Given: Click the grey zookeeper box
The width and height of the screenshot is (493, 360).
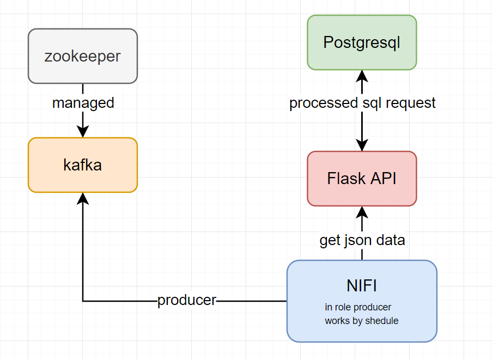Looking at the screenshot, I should click(83, 56).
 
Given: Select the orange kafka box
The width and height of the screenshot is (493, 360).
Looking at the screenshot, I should click(83, 165).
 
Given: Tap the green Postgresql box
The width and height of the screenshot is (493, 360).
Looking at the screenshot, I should click(362, 42).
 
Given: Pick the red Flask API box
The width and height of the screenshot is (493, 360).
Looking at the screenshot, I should click(362, 178).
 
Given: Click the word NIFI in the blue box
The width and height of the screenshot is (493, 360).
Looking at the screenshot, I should click(362, 285).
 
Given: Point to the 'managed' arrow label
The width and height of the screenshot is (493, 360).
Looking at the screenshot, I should click(83, 102).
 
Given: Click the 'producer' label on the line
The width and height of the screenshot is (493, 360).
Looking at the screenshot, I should click(187, 300).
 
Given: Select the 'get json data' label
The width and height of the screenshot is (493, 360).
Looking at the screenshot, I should click(362, 240).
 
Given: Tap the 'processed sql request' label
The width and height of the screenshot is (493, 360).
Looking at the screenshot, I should click(362, 102).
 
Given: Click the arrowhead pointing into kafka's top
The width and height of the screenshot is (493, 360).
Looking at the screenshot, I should click(83, 132).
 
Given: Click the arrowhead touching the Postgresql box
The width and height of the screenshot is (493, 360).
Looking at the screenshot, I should click(362, 75).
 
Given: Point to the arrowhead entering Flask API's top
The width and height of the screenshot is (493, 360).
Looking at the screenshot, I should click(362, 145).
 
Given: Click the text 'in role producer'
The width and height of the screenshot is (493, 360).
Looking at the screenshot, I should click(358, 307).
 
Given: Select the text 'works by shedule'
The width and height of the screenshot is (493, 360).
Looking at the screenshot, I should click(361, 321).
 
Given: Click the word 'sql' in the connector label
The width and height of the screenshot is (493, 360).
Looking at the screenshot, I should click(372, 102).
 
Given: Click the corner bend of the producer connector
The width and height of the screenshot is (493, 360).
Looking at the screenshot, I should click(83, 301).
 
